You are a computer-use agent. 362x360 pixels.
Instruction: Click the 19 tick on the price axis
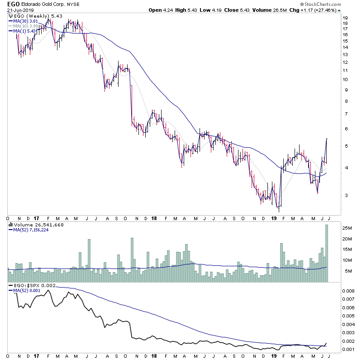344,18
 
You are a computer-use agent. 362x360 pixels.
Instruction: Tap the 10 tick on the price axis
344,79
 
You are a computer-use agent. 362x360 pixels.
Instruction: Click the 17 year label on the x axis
35,218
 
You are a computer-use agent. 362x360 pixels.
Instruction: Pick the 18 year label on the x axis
154,218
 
